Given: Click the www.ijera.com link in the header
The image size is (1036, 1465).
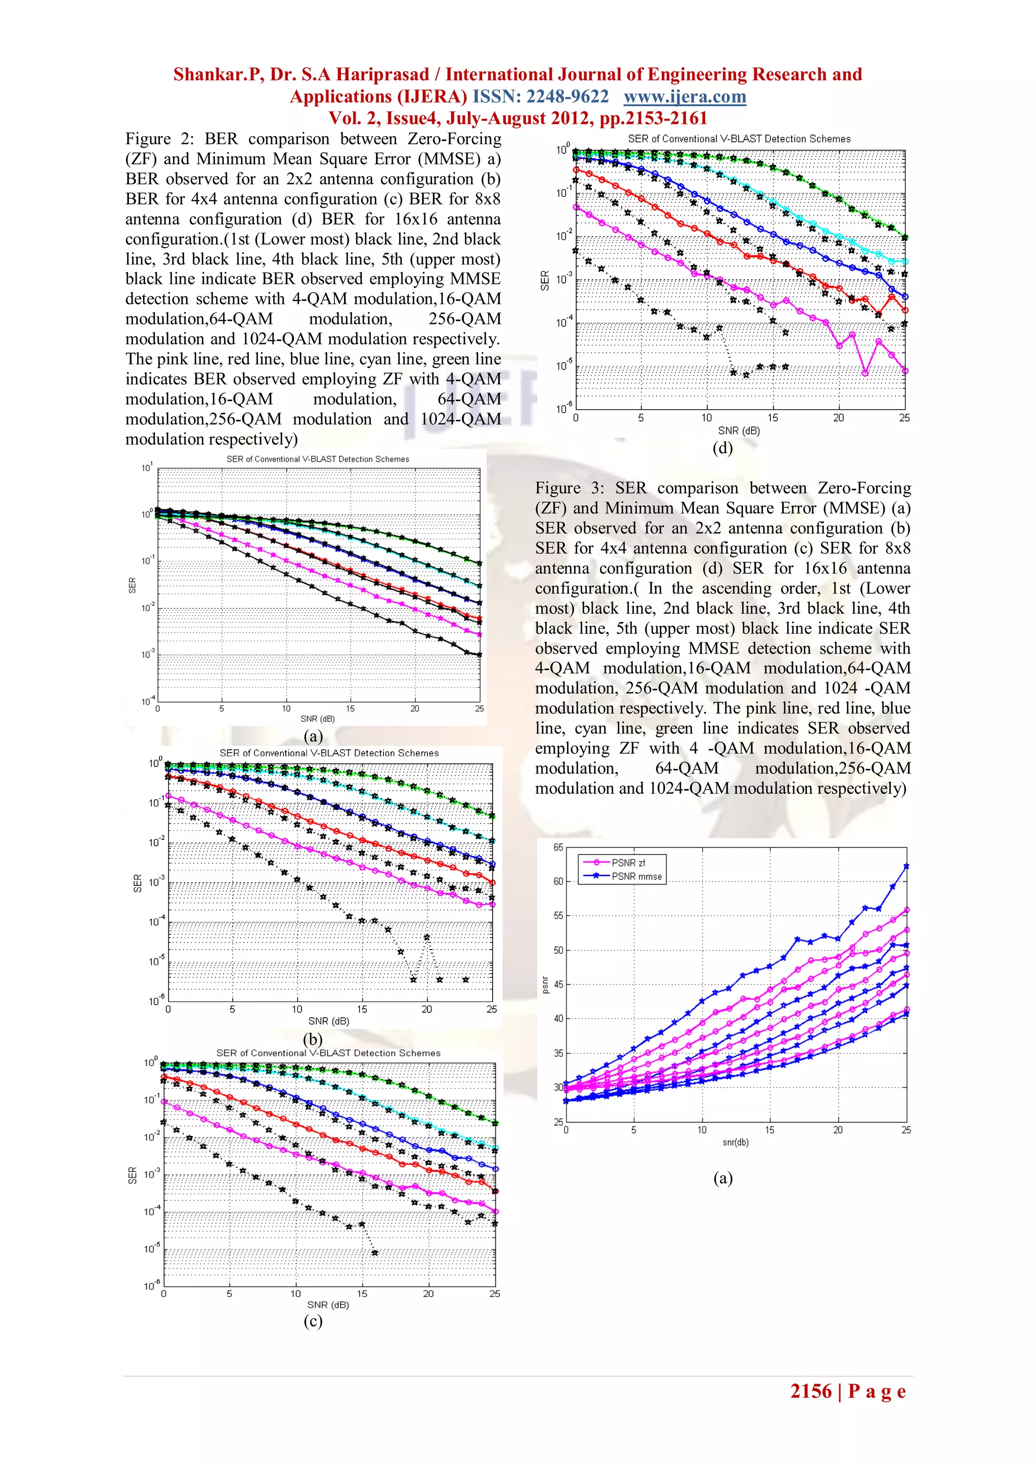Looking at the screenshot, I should click(684, 97).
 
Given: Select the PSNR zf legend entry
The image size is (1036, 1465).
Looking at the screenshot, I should click(628, 863).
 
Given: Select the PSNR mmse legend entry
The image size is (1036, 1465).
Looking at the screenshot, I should click(636, 876).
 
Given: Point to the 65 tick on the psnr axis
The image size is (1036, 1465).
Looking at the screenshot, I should click(558, 847).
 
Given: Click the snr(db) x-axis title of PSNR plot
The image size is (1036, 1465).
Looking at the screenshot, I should click(736, 1142).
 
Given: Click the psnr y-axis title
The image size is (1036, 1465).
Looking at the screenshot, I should click(545, 985).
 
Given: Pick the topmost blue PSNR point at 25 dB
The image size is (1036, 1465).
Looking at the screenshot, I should click(906, 867).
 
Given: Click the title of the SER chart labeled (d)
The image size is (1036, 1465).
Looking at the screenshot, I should click(739, 139).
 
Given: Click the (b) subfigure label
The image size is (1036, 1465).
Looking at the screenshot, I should click(313, 1038).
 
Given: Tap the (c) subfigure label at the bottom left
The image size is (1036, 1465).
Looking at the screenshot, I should click(313, 1321).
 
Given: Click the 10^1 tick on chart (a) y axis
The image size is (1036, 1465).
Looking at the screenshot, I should click(147, 468).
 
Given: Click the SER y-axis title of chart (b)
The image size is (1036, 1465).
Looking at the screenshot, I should click(137, 883).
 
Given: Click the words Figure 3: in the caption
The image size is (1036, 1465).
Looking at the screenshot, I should click(569, 488).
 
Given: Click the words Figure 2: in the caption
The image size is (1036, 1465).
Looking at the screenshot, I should click(159, 139).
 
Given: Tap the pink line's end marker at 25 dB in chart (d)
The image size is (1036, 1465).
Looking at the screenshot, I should click(904, 371).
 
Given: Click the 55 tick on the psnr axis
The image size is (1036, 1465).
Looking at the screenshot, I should click(558, 916).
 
